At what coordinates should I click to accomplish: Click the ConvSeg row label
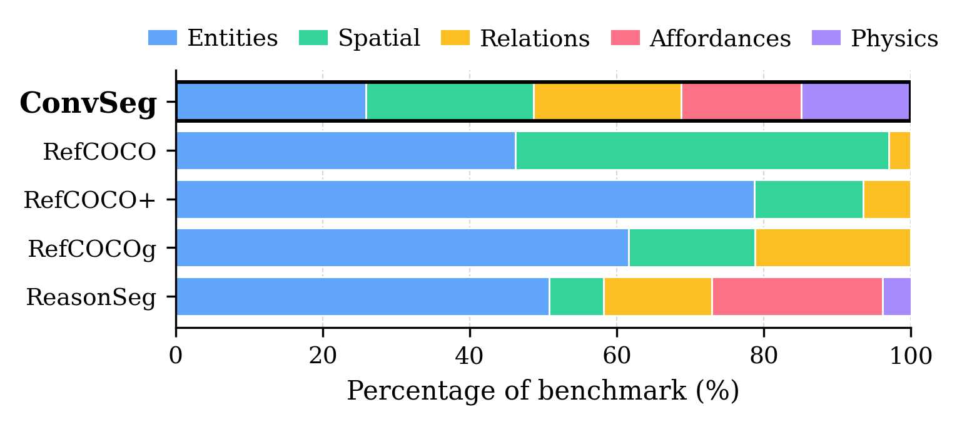[x=88, y=103]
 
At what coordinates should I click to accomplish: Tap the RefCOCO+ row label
[x=89, y=200]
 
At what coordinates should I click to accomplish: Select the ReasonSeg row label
[x=91, y=297]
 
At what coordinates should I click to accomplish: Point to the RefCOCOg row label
[x=91, y=249]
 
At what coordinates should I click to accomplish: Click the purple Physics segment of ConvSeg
[x=856, y=101]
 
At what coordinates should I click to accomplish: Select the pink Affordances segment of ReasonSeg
[x=797, y=296]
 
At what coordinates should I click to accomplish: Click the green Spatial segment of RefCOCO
[x=702, y=150]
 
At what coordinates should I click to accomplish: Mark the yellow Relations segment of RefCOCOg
[x=833, y=247]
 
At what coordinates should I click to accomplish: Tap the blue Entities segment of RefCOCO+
[x=465, y=199]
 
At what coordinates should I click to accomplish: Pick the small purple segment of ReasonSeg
[x=896, y=296]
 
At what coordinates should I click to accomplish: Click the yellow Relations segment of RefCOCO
[x=899, y=150]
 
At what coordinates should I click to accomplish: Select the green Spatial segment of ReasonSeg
[x=576, y=296]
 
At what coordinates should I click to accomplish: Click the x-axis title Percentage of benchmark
[x=542, y=391]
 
